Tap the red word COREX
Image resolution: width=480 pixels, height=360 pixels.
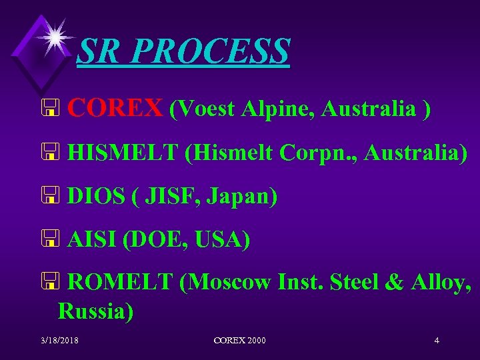115,107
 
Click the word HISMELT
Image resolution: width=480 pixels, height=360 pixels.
123,153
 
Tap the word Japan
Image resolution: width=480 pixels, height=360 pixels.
241,198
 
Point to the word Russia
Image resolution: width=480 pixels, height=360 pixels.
95,311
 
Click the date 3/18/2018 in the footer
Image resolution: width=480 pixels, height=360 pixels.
60,341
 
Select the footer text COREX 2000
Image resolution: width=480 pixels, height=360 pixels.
239,341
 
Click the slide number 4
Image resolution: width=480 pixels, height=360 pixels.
436,341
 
